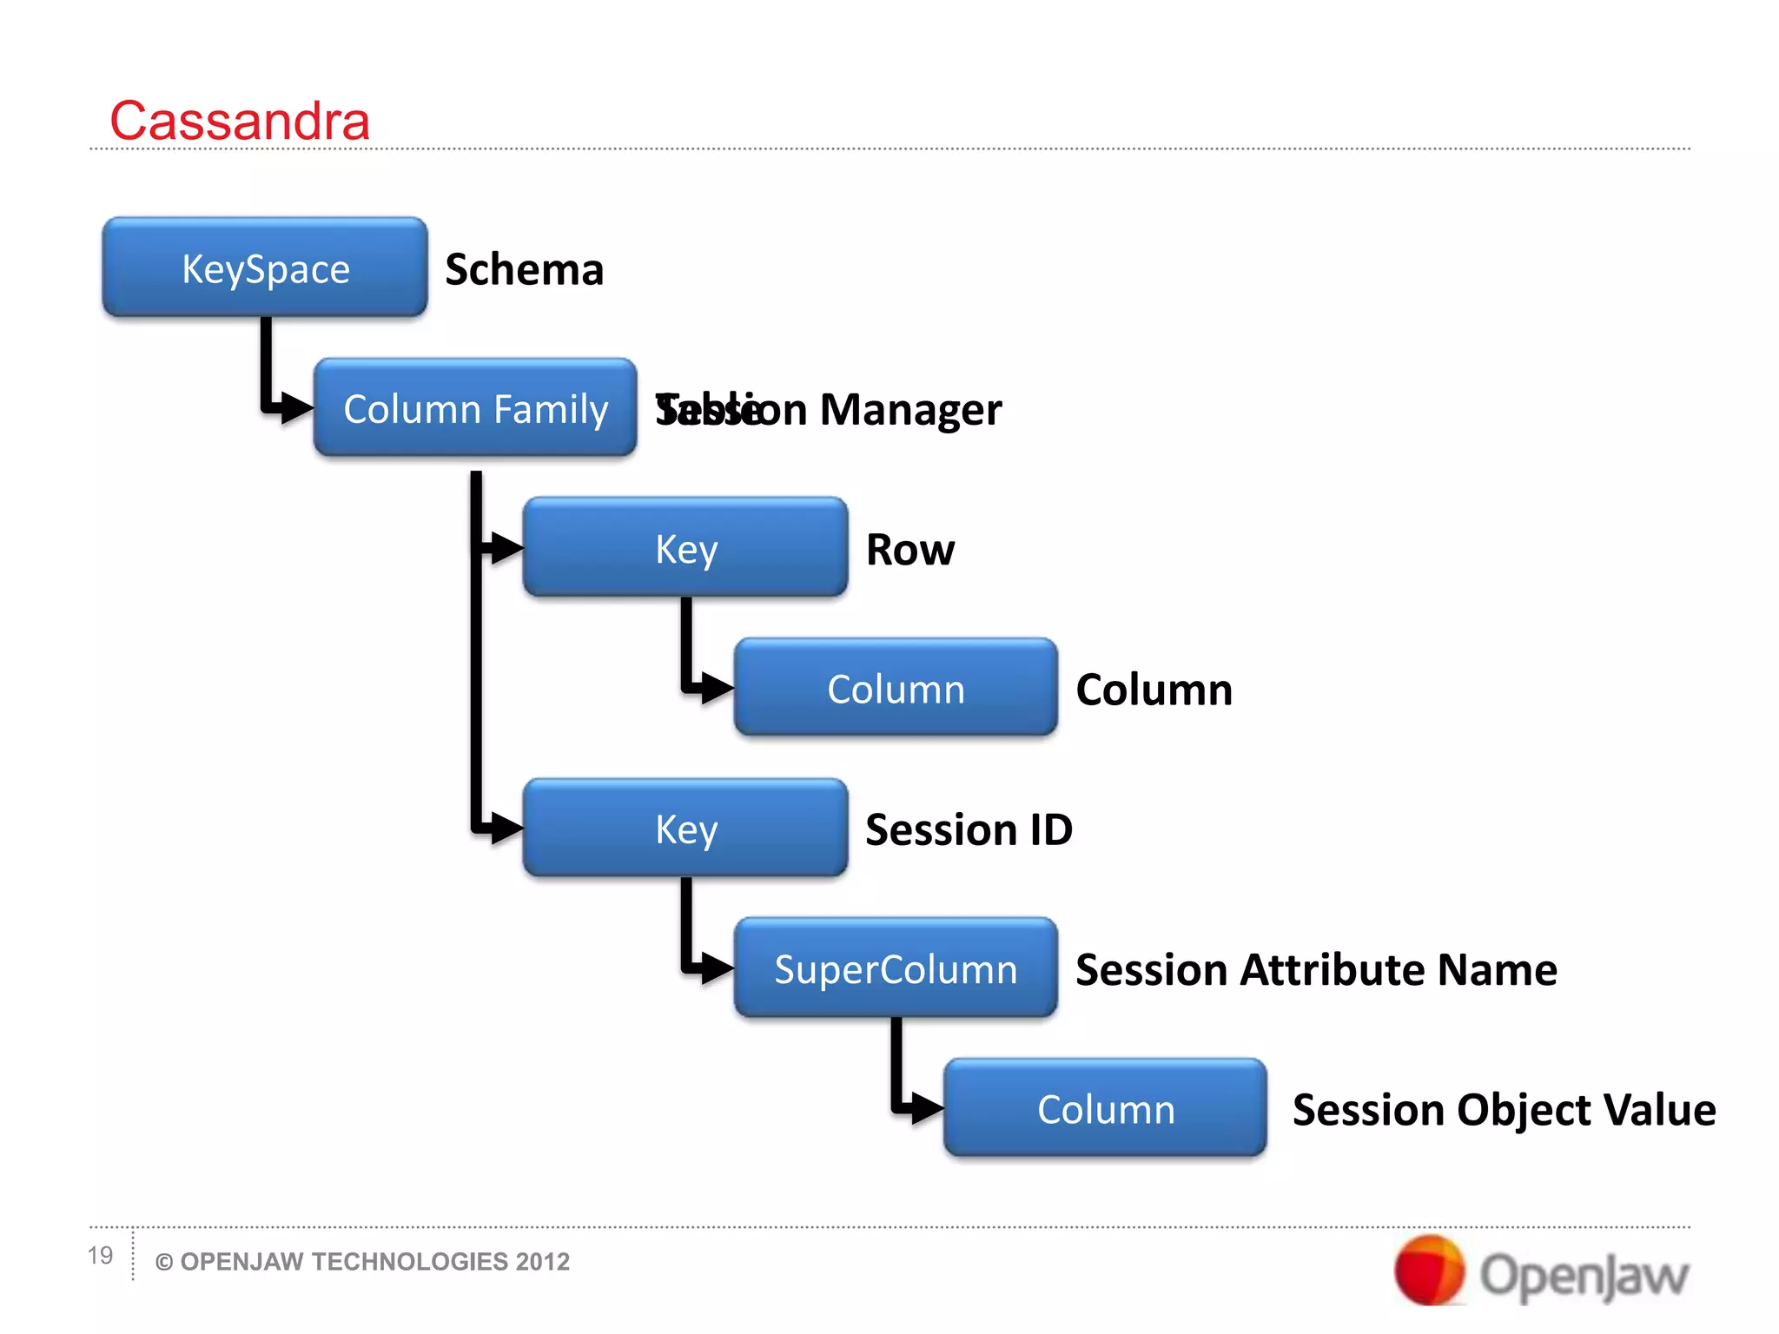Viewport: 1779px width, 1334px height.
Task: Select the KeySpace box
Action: (x=265, y=267)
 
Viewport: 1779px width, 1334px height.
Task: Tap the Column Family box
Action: (x=475, y=408)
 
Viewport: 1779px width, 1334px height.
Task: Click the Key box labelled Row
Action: (x=685, y=548)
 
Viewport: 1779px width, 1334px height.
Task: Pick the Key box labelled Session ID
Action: (x=685, y=829)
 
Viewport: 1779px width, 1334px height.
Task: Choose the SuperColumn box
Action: (x=896, y=968)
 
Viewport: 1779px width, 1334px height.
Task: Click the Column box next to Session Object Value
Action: (x=1105, y=1109)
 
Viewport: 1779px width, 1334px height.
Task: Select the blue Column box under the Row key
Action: (x=896, y=689)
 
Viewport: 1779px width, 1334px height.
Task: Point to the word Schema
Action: (x=524, y=269)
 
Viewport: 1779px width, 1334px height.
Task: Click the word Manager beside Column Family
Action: (x=910, y=409)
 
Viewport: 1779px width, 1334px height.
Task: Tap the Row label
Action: (x=910, y=550)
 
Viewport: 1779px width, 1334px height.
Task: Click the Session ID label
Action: (x=969, y=829)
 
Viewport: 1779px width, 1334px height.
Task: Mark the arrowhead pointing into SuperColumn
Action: (x=718, y=967)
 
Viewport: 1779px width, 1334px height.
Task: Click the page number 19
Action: (x=100, y=1255)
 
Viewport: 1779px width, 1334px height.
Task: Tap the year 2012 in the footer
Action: (x=542, y=1261)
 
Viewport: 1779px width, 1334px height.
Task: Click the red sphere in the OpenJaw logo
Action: (x=1428, y=1271)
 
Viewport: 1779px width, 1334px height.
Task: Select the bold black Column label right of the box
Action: (x=1154, y=690)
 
